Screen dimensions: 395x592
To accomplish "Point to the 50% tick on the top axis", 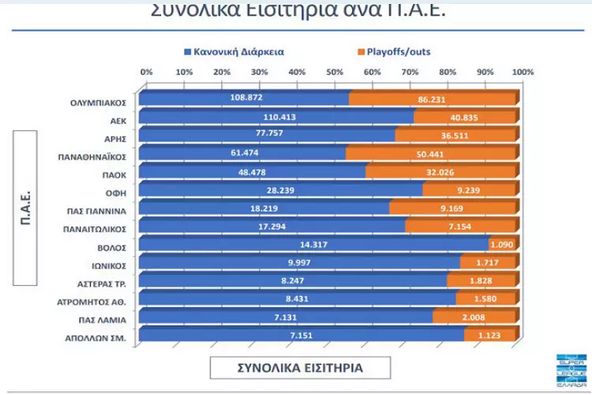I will [334, 73].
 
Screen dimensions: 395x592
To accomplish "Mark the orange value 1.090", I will [502, 245].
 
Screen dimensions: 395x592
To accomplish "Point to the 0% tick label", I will [146, 73].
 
